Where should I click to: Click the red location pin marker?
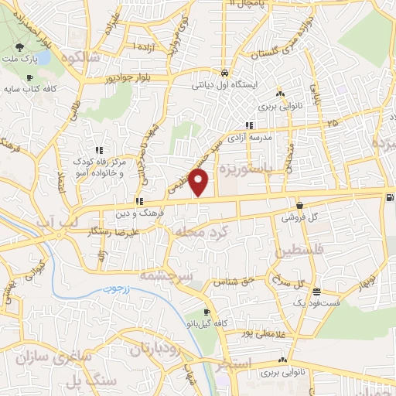point(200,183)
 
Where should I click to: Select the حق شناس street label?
point(237,282)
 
